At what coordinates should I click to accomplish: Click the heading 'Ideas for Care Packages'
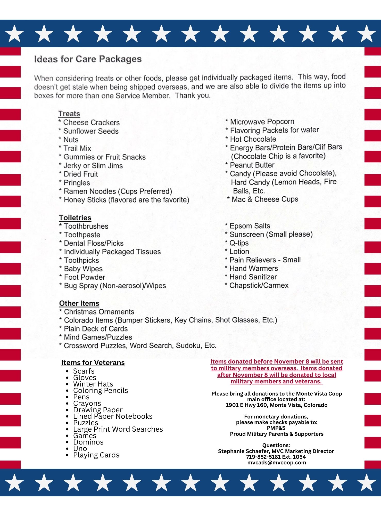(88, 59)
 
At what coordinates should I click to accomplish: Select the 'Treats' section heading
(69, 114)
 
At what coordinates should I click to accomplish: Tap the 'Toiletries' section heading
(75, 218)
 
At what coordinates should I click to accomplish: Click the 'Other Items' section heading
(79, 303)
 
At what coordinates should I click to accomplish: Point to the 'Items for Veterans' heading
(93, 363)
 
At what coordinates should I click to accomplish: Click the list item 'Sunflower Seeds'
(91, 131)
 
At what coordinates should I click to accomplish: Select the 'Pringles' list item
(77, 183)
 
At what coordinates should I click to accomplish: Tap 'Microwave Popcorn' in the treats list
(262, 122)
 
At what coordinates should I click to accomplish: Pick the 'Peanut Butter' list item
(252, 165)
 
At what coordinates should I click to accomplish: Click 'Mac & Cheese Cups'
(265, 199)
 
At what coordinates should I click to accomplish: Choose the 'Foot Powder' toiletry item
(84, 277)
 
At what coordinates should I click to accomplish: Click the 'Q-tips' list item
(239, 243)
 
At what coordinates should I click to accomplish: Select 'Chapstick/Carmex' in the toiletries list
(259, 286)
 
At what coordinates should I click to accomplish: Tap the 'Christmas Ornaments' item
(99, 312)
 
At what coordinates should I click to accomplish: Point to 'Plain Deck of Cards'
(96, 329)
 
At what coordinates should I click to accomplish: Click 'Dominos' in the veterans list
(88, 442)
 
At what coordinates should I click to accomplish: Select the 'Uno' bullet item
(80, 449)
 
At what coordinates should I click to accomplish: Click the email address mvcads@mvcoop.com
(277, 463)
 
